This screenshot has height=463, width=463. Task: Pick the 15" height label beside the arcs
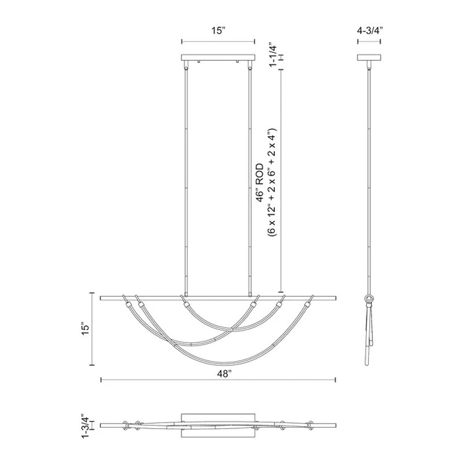click(x=86, y=329)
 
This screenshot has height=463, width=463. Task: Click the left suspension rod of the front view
click(x=186, y=179)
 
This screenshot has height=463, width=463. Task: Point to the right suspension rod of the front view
click(x=250, y=179)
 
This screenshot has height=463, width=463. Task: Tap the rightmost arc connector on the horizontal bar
click(x=310, y=300)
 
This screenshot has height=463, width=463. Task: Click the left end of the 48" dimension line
click(x=101, y=380)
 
